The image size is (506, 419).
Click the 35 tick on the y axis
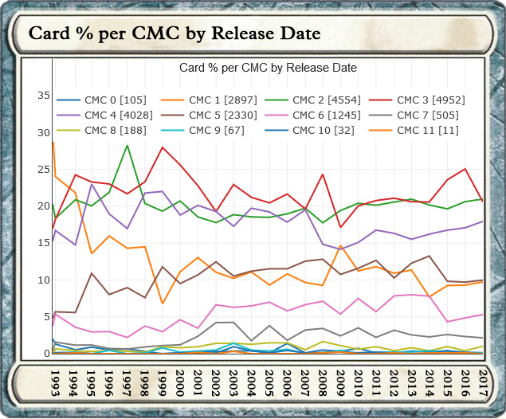click(x=43, y=96)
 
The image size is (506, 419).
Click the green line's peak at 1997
click(x=127, y=145)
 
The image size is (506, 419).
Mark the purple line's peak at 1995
click(x=92, y=185)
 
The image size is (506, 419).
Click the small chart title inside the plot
click(x=268, y=68)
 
